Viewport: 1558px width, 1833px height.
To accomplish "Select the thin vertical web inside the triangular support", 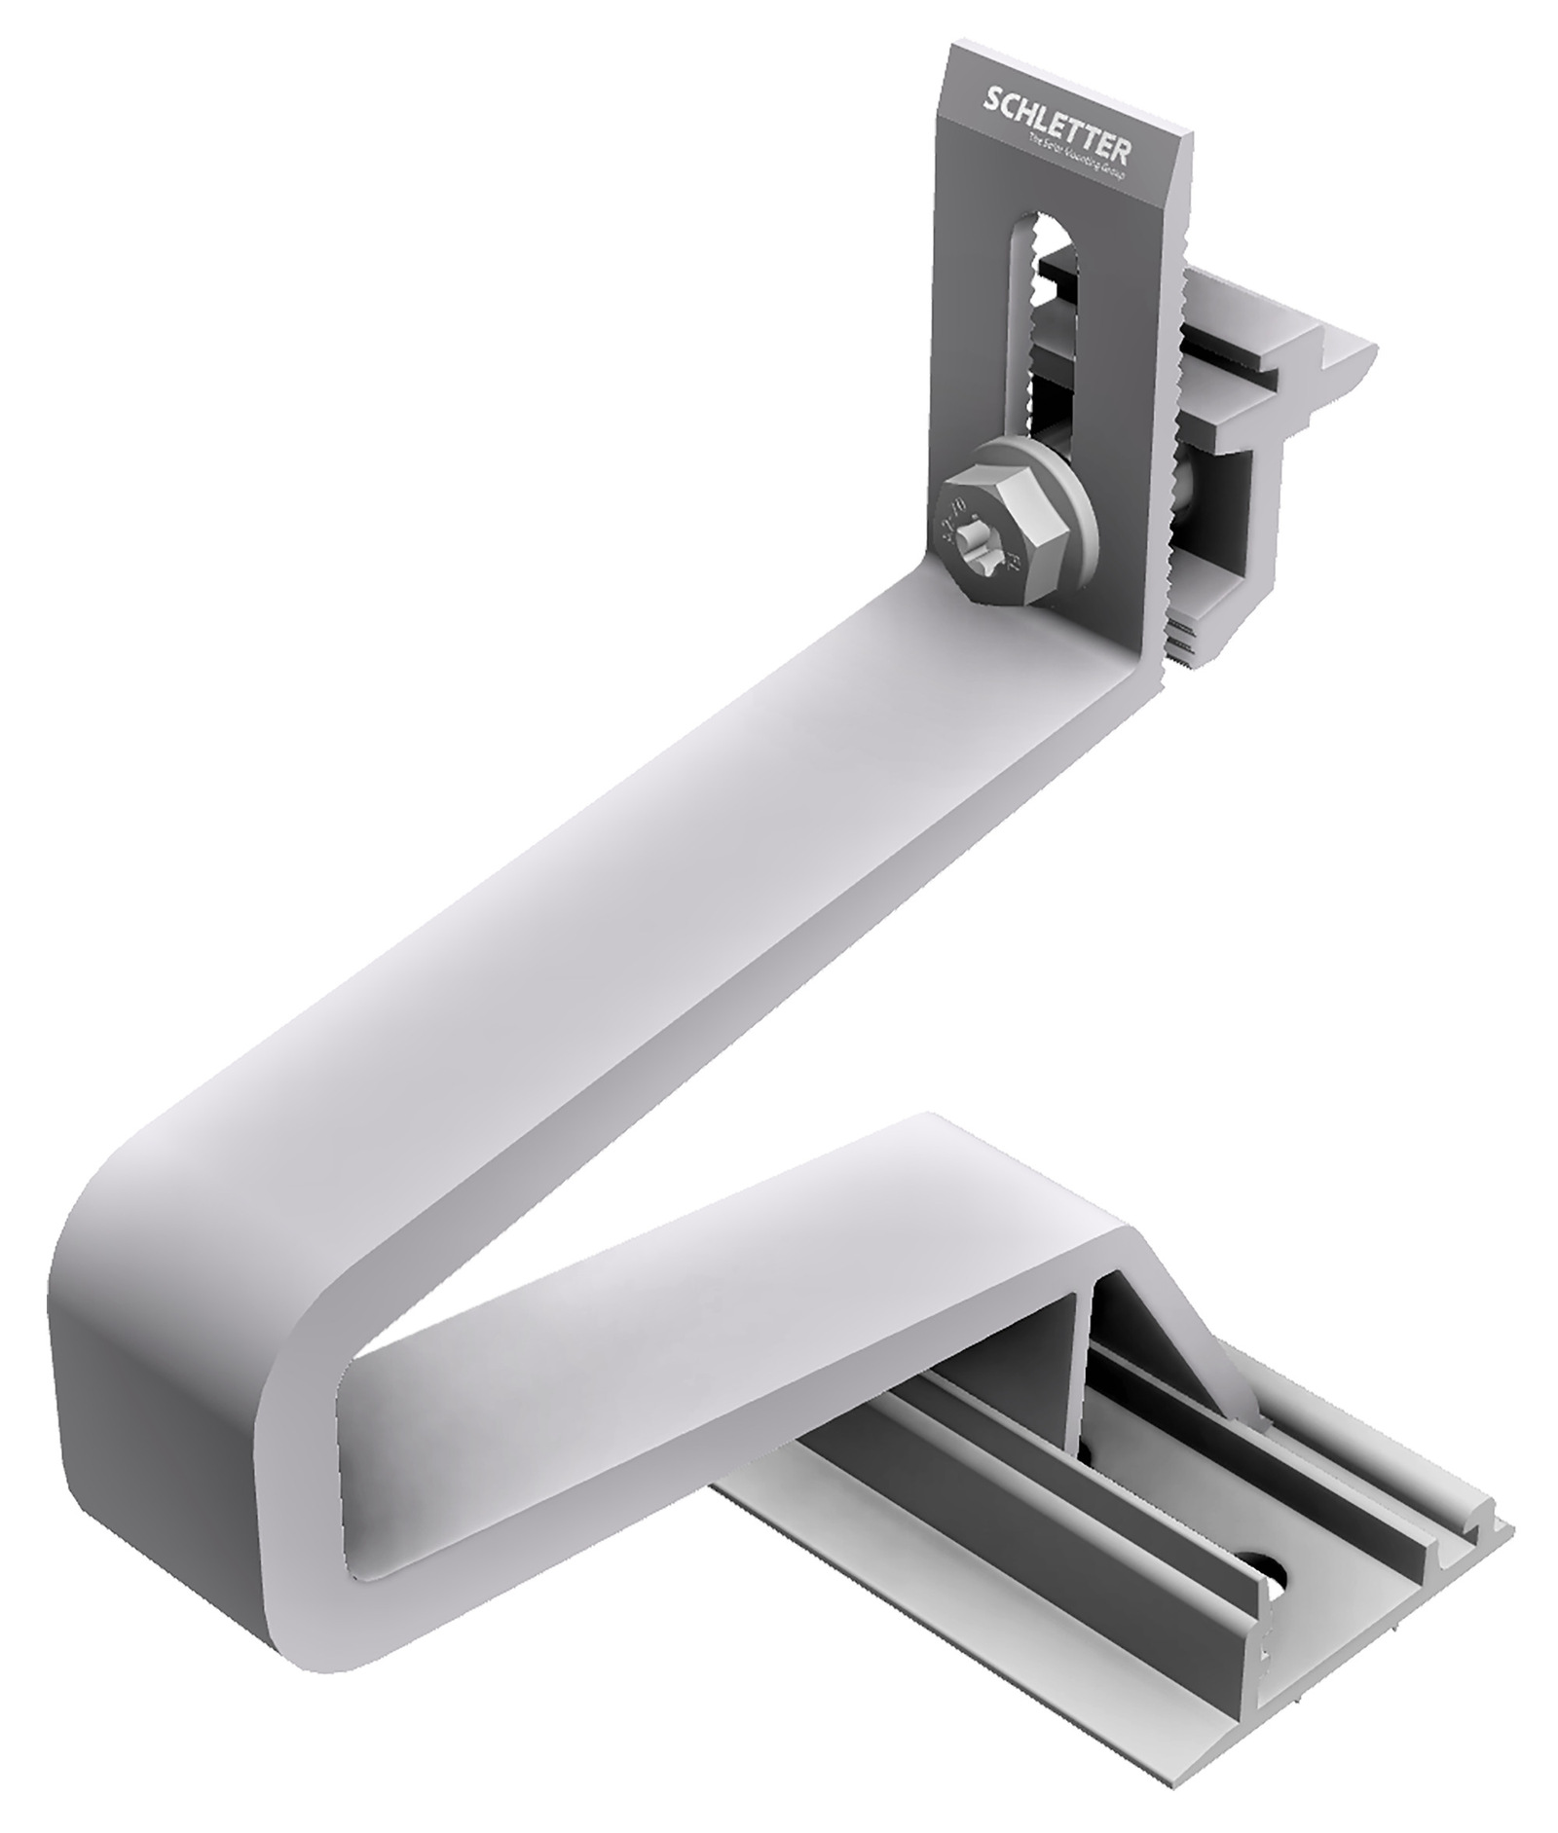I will tap(1082, 1363).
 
